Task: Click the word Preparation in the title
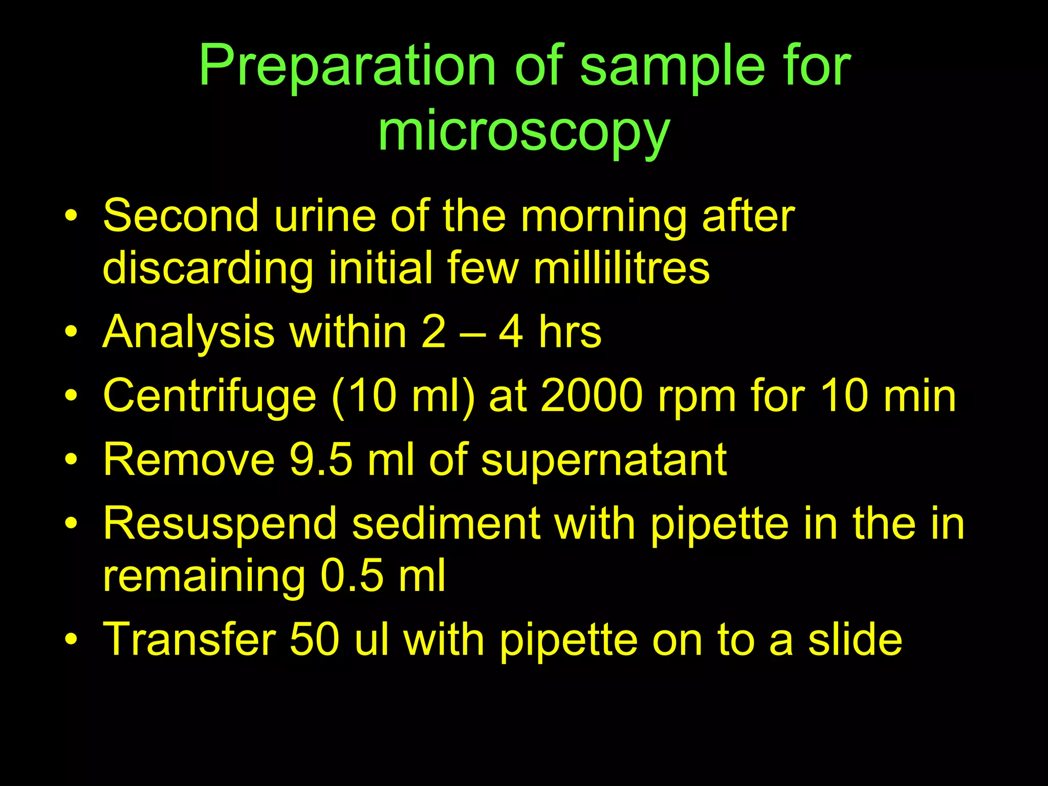tap(347, 67)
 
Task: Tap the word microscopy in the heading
tap(523, 133)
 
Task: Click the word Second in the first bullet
tap(181, 216)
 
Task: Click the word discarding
tap(208, 269)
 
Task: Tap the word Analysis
tap(188, 333)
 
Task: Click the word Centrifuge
tap(210, 397)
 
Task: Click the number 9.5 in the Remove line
tap(321, 459)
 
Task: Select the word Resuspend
tap(220, 524)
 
